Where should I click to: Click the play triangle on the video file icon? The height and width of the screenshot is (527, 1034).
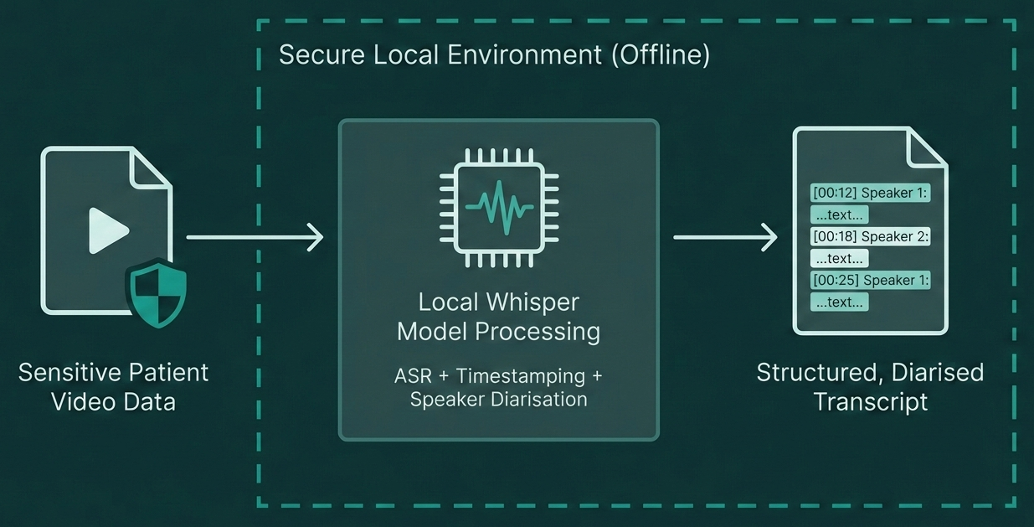[108, 230]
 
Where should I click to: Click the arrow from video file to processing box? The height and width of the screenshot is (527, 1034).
[255, 237]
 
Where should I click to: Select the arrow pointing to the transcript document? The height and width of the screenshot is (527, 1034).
[726, 237]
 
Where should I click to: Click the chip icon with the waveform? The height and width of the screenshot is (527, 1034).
[498, 207]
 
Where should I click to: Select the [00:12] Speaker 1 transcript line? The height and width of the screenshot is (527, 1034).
[870, 193]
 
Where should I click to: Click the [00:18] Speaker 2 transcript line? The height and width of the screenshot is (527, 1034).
[870, 236]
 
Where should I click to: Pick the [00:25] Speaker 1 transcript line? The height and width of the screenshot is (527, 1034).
[870, 280]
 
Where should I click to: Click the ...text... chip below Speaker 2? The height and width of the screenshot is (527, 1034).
[839, 258]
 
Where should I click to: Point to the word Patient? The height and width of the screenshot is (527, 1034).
[163, 372]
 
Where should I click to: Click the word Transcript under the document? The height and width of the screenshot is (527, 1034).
[871, 401]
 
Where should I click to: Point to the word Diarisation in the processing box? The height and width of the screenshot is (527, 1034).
[535, 400]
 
